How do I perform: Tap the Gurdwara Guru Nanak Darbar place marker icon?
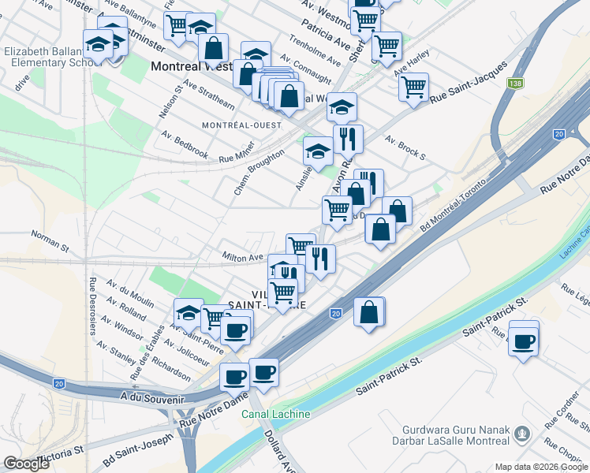[x=521, y=433]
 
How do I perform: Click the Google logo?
[x=26, y=464]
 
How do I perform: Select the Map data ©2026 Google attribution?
[x=540, y=467]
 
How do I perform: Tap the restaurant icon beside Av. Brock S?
[x=348, y=139]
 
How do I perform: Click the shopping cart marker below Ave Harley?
[x=413, y=87]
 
